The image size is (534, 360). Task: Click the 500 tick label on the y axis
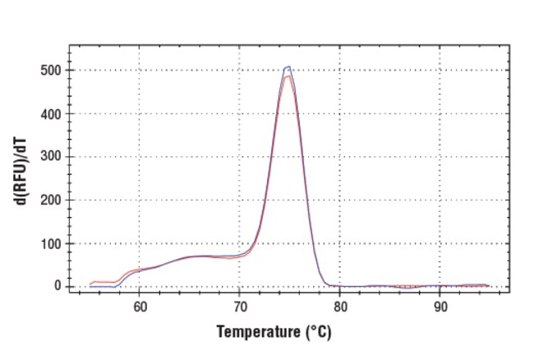50,71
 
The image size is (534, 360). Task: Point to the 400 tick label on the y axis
50,113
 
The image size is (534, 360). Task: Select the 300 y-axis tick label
50,157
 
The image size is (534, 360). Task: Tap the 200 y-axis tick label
50,200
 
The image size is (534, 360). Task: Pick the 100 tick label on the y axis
50,243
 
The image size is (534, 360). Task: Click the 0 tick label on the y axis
58,286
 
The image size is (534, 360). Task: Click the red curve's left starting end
90,284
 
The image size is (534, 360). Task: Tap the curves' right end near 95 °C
489,285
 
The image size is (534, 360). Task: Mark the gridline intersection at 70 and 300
239,157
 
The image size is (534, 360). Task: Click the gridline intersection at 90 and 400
440,113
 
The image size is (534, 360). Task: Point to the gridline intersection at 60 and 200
139,200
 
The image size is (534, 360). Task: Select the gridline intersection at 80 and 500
339,71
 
